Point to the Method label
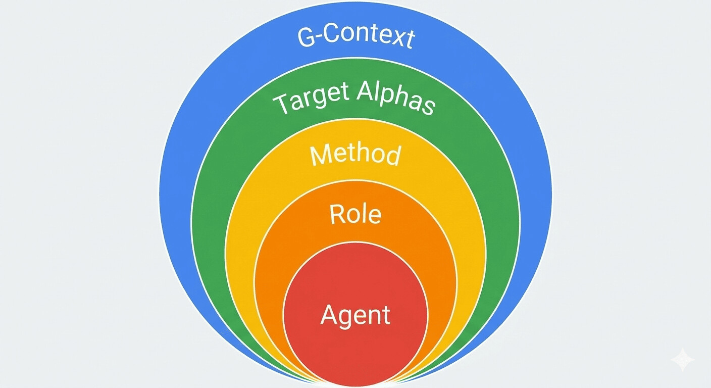355,155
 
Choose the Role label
355,214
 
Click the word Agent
355,315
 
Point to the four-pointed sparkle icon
682,360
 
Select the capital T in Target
281,104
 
